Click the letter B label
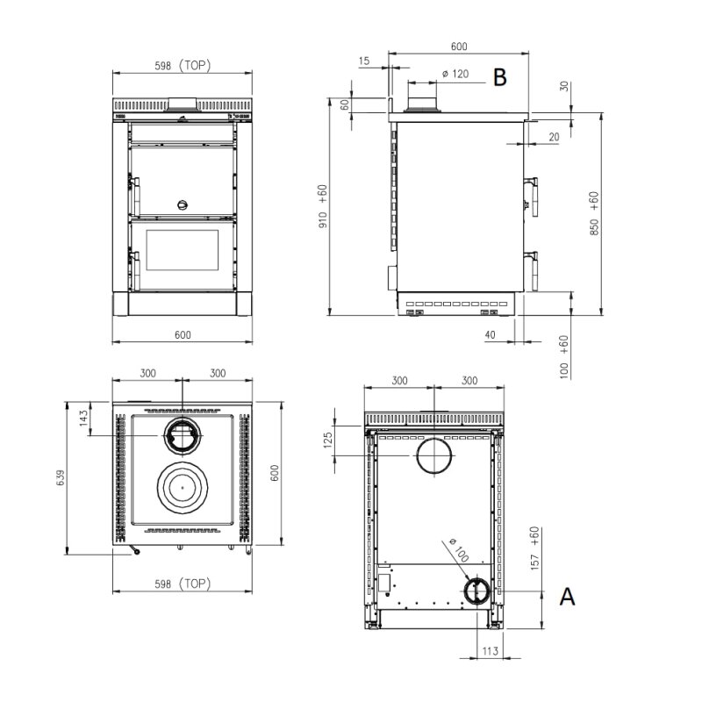[x=499, y=77]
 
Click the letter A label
[x=568, y=597]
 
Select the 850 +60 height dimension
[x=594, y=214]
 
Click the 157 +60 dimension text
[x=534, y=548]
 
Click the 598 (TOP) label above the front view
[x=181, y=66]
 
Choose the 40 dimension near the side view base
[x=489, y=334]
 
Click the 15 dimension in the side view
[x=366, y=61]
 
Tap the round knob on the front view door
[x=183, y=205]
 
